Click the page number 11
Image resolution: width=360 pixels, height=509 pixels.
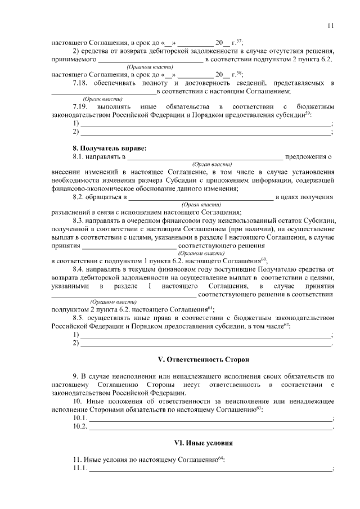point(330,25)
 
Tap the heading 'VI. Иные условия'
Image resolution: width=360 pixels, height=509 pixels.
point(202,443)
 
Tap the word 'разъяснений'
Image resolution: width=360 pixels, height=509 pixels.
point(70,212)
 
